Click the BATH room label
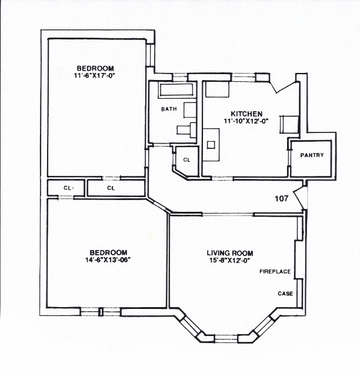(169, 109)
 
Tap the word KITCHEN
(246, 114)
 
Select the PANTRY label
(312, 155)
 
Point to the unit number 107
(282, 198)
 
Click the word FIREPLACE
(275, 272)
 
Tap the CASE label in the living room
(285, 293)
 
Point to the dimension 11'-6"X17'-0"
(93, 75)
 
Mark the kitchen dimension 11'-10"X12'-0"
(246, 121)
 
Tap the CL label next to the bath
(186, 159)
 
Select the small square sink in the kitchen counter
(212, 144)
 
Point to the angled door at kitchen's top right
(285, 86)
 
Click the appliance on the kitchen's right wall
(289, 124)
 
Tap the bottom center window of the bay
(226, 338)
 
